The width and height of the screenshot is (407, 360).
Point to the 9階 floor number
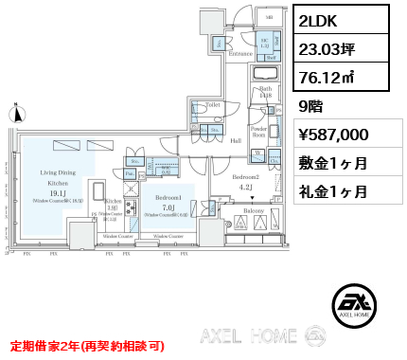pos(311,108)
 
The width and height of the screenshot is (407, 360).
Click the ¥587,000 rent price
pos(341,135)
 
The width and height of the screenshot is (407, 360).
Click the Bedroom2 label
pos(245,177)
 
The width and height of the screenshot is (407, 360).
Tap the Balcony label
pos(254,209)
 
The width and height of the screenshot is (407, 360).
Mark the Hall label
pos(238,139)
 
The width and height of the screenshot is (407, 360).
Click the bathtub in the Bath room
pos(264,75)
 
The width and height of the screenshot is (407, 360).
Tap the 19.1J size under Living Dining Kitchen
pos(59,192)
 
